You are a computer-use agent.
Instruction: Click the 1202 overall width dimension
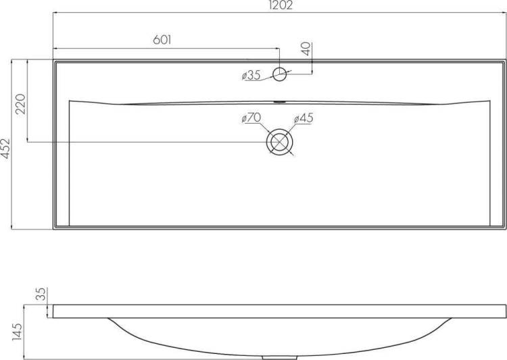coord(281,5)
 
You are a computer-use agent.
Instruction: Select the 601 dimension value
coord(162,40)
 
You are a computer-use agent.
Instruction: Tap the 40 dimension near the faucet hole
coord(306,49)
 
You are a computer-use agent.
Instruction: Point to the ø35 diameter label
coord(251,76)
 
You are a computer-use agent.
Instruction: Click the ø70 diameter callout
coord(251,118)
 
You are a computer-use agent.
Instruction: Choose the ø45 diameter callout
coord(304,118)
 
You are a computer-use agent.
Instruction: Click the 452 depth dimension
coord(5,149)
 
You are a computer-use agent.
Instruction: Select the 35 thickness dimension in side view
coord(42,294)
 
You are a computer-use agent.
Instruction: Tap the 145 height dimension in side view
coord(17,332)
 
